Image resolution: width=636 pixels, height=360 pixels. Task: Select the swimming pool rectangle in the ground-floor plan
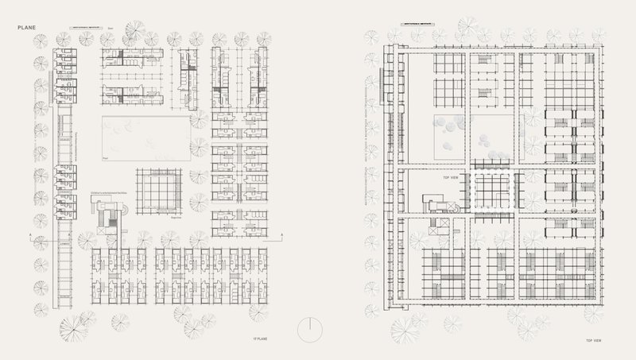pyautogui.click(x=146, y=137)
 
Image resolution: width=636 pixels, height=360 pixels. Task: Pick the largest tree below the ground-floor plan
pyautogui.click(x=78, y=327)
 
